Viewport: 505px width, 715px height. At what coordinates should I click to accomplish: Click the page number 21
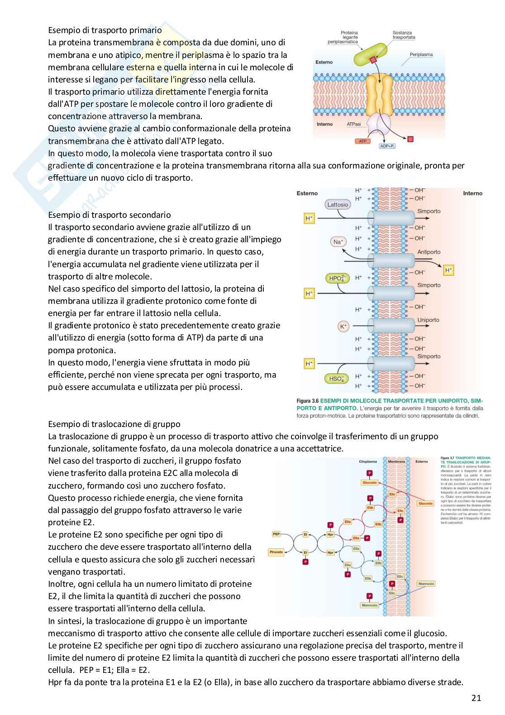pyautogui.click(x=476, y=698)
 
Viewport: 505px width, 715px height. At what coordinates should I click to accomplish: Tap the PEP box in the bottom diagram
pyautogui.click(x=276, y=534)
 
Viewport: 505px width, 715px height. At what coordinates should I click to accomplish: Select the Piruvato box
pyautogui.click(x=276, y=552)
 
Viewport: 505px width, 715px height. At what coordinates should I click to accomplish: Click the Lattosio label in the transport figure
pyautogui.click(x=338, y=205)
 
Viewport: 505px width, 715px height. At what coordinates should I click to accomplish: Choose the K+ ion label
pyautogui.click(x=343, y=326)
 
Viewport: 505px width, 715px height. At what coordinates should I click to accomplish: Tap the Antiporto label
pyautogui.click(x=429, y=252)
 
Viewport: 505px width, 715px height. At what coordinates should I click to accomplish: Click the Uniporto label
pyautogui.click(x=428, y=320)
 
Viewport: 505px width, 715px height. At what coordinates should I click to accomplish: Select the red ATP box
pyautogui.click(x=362, y=141)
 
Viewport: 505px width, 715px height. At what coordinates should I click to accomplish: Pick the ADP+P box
pyautogui.click(x=387, y=146)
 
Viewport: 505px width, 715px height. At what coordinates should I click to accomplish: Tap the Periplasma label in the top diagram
pyautogui.click(x=421, y=54)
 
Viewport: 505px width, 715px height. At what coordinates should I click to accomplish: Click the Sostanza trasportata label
pyautogui.click(x=404, y=35)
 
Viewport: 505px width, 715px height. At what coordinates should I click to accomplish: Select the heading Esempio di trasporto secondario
pyautogui.click(x=110, y=215)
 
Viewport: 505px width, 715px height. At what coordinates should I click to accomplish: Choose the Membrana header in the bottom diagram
pyautogui.click(x=396, y=461)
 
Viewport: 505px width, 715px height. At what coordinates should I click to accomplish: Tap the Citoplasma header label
pyautogui.click(x=367, y=461)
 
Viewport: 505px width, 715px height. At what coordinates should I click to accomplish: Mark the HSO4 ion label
pyautogui.click(x=336, y=379)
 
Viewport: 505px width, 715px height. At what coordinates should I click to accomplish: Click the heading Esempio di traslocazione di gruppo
pyautogui.click(x=114, y=424)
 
